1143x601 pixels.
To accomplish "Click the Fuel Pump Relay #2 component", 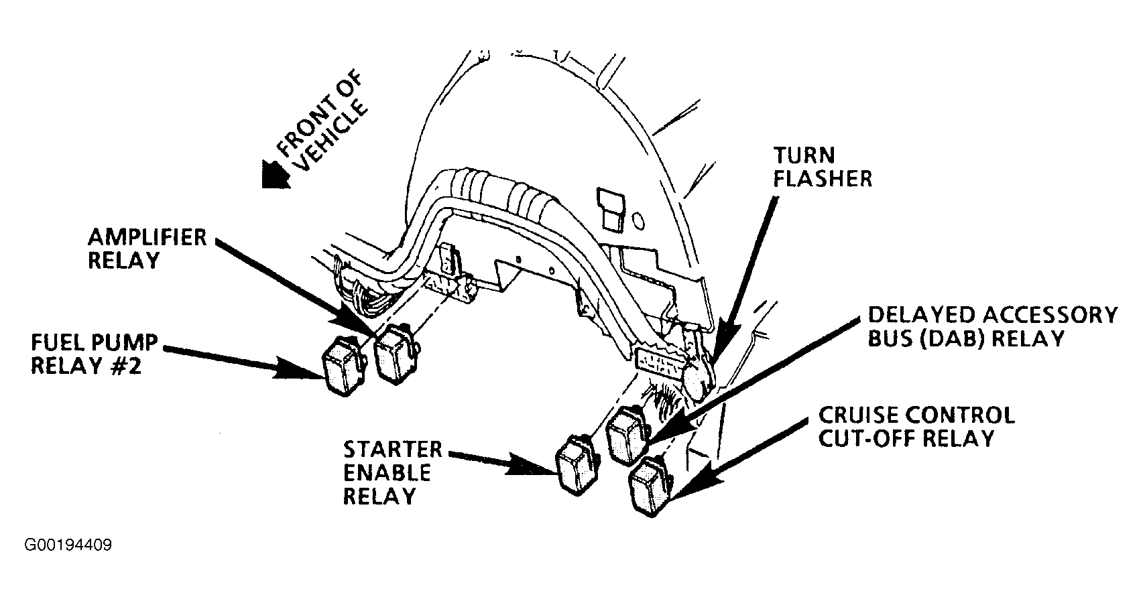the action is coord(343,365).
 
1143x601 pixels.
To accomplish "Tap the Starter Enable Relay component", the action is coord(578,465).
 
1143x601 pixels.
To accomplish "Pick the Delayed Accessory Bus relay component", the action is coord(628,436).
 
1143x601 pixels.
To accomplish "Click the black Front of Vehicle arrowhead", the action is coord(275,175).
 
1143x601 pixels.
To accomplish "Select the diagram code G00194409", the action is coord(68,545).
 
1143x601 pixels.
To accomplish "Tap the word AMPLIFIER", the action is coord(147,237).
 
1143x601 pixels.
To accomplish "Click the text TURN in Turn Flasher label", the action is coord(804,155).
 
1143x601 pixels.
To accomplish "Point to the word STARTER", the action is coord(392,450).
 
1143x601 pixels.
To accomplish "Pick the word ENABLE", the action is coord(387,473).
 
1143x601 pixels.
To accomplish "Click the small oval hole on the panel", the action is coord(638,221).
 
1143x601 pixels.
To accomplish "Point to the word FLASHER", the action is coord(823,179).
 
